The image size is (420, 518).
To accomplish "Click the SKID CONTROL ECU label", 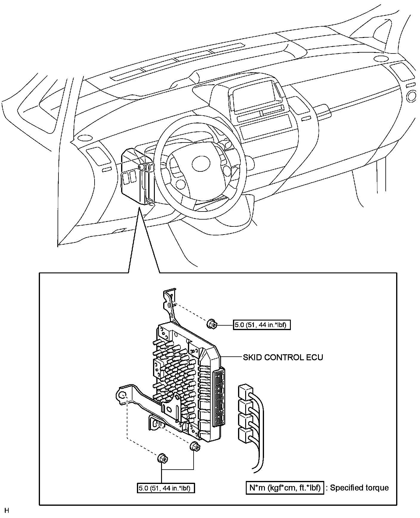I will click(x=283, y=357).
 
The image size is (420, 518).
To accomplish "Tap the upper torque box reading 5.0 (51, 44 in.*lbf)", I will click(x=262, y=325).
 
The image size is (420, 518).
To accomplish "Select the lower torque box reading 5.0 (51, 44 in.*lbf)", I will click(x=166, y=488).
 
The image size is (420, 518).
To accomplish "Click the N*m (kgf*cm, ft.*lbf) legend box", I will click(x=285, y=488).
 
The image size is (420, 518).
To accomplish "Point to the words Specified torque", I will click(x=359, y=488).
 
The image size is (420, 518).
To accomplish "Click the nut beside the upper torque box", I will click(x=211, y=324).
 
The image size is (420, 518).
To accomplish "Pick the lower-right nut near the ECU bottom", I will click(x=195, y=447).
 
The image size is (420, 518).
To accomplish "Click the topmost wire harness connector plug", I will click(x=245, y=391).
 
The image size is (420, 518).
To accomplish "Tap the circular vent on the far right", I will click(x=412, y=96).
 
